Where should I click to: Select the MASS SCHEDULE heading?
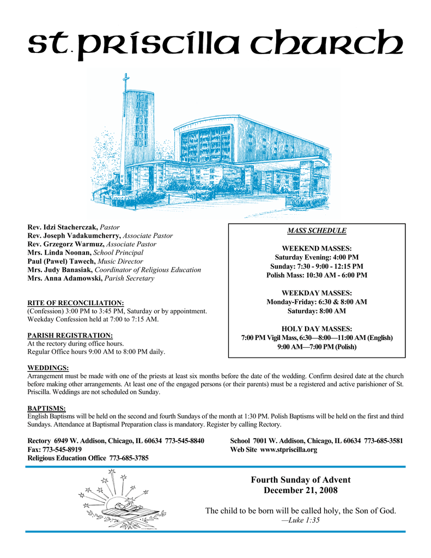(317, 231)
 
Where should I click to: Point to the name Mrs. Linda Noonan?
(59, 252)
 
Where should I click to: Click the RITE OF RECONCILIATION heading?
(76, 302)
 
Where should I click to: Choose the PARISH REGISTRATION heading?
(70, 335)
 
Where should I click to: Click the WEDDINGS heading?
(48, 368)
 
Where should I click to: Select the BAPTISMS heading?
(46, 408)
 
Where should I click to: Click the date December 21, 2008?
(300, 490)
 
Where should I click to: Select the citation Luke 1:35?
(300, 520)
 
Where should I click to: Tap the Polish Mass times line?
(317, 275)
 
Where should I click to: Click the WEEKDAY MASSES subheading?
(317, 293)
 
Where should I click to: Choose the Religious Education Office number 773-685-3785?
(129, 458)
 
